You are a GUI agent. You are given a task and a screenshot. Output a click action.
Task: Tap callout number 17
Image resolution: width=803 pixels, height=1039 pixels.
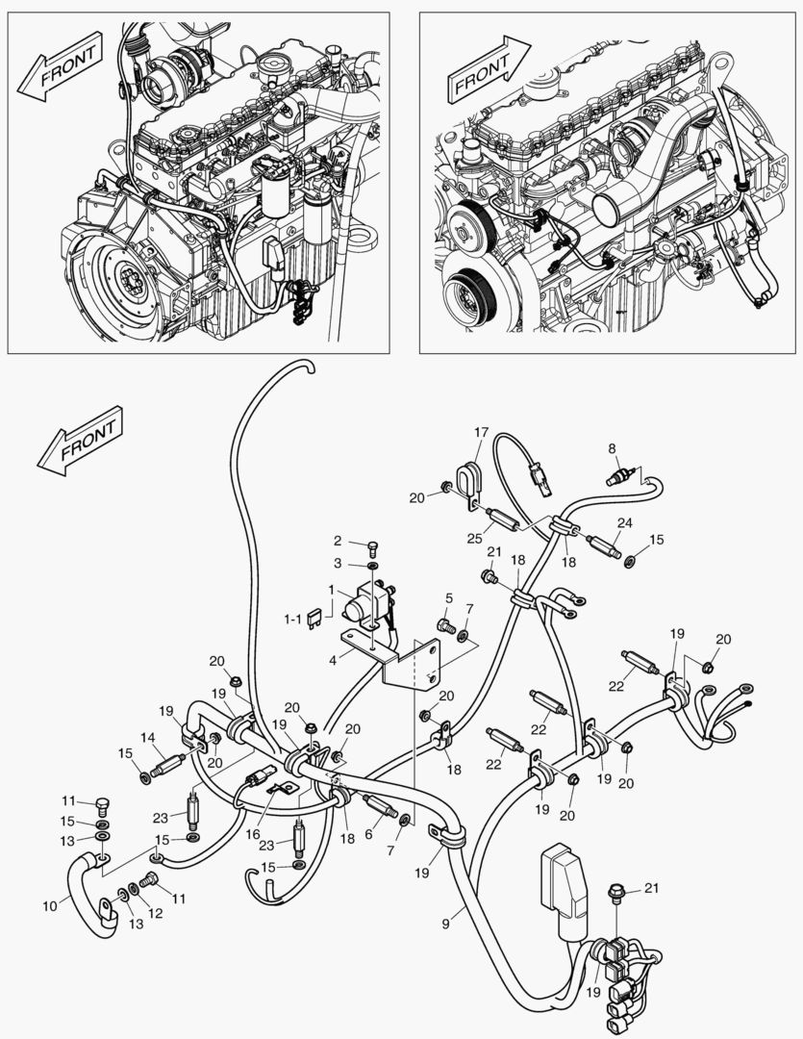(481, 433)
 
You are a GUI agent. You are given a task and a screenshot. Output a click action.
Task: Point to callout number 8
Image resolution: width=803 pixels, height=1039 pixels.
(611, 448)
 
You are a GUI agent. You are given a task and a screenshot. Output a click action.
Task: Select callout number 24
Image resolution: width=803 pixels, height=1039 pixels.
(624, 524)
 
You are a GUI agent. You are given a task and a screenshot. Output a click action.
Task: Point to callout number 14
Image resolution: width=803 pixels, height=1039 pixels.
(148, 738)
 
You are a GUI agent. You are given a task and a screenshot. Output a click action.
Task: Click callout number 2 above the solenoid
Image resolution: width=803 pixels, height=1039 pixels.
(338, 540)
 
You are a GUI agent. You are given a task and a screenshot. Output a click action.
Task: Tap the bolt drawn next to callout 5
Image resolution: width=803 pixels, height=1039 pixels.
(444, 627)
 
